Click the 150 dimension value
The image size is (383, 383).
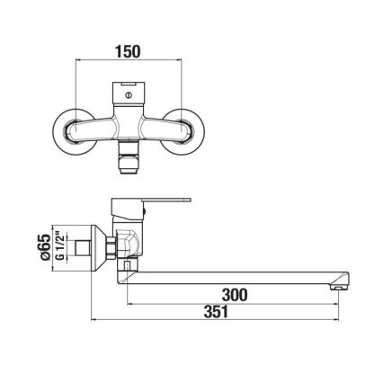129,52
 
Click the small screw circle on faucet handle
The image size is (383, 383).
129,92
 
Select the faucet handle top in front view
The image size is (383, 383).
129,94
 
